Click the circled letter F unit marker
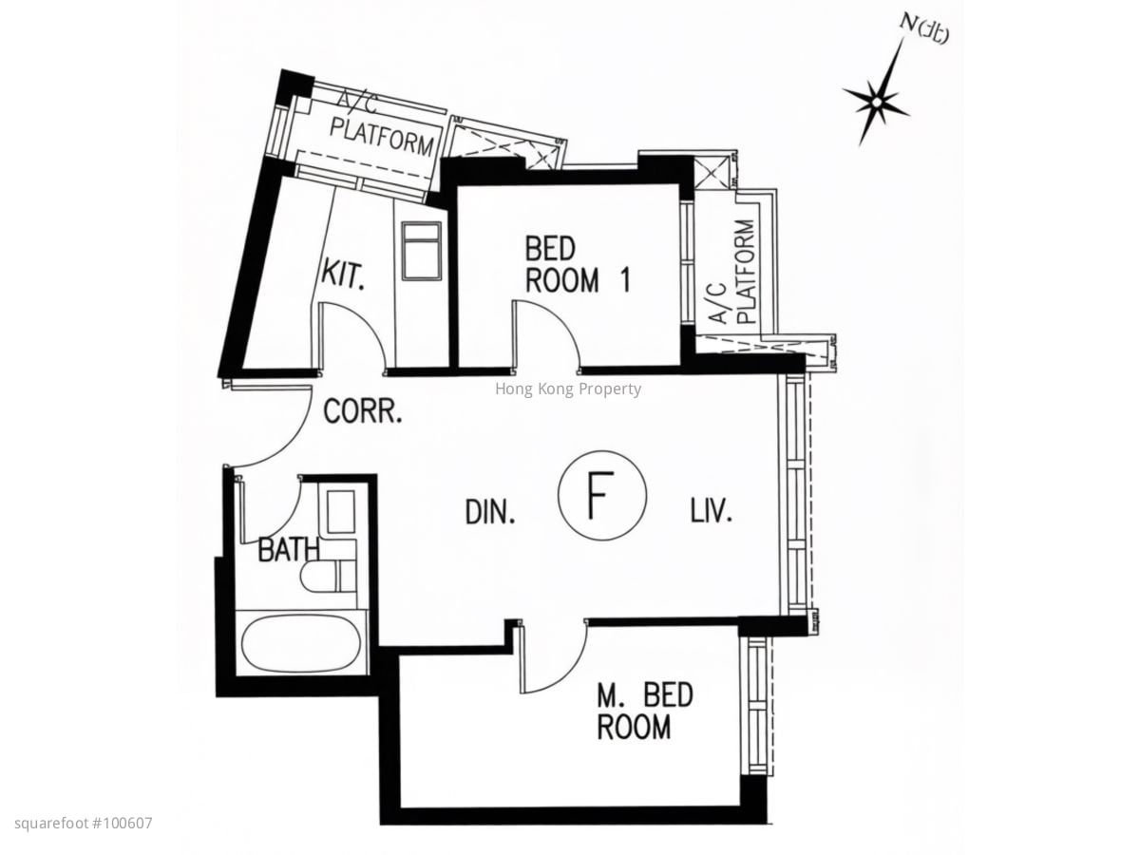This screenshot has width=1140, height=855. click(x=602, y=495)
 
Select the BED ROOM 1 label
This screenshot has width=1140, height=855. click(x=578, y=264)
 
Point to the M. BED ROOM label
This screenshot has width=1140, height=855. click(x=644, y=712)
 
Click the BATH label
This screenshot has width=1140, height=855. click(x=288, y=550)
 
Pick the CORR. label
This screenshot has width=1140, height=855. click(x=363, y=410)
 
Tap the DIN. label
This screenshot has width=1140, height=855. click(x=490, y=511)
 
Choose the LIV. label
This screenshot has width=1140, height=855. click(x=711, y=509)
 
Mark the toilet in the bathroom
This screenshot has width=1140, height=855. click(x=328, y=577)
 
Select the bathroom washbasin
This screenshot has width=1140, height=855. click(x=340, y=511)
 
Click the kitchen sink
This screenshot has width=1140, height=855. click(x=422, y=252)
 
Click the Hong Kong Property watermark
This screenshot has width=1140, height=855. click(x=568, y=389)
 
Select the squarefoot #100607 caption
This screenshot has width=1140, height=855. click(x=83, y=824)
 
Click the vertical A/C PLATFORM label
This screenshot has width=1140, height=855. click(x=733, y=272)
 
